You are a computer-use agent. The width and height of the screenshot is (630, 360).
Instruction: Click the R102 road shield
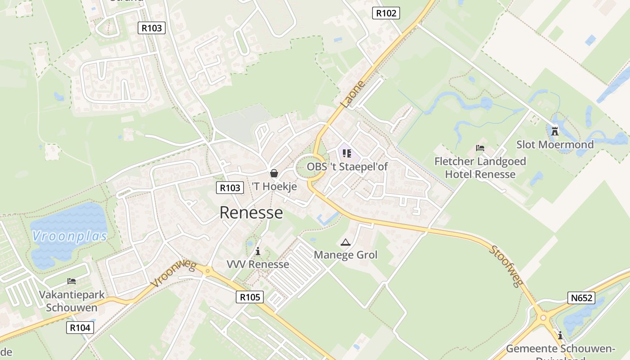click(386, 13)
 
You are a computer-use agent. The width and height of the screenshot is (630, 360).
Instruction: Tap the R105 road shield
click(250, 297)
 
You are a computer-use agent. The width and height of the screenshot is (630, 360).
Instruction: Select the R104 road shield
click(80, 328)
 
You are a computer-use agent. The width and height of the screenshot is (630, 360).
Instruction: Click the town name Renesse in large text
click(251, 212)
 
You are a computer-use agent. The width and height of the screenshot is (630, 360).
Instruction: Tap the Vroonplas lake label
click(70, 236)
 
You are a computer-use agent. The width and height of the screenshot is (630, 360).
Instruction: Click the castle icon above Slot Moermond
click(555, 131)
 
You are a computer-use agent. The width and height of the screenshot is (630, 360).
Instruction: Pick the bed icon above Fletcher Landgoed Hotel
click(480, 148)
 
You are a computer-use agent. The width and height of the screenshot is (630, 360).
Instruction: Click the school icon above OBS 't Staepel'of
click(346, 153)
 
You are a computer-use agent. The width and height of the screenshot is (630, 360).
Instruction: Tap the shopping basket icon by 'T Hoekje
click(274, 173)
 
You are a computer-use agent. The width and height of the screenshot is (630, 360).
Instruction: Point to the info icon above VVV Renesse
click(258, 251)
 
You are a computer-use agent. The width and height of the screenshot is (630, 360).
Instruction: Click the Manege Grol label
click(346, 255)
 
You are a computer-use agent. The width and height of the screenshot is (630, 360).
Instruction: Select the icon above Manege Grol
click(345, 243)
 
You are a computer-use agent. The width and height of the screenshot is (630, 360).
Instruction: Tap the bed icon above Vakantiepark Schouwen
click(72, 281)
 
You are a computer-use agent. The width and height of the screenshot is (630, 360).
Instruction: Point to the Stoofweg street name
click(506, 266)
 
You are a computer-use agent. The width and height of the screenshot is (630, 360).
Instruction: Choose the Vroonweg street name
click(173, 274)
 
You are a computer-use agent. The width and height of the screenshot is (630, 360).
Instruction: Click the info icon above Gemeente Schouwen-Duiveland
click(560, 335)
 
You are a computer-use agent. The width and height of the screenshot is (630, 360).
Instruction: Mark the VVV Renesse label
click(258, 264)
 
